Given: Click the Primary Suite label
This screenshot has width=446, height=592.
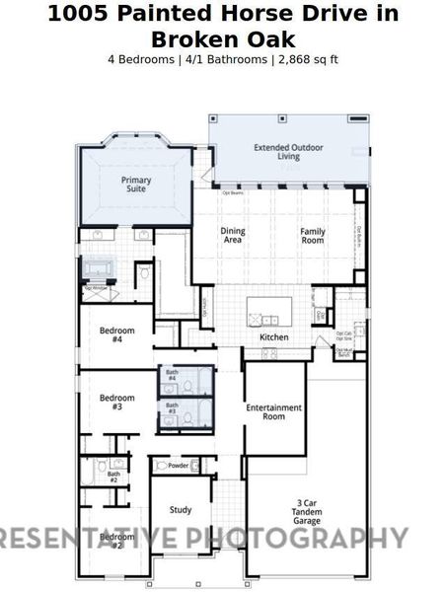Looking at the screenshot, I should (x=135, y=184).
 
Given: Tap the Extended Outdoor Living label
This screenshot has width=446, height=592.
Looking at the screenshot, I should (x=289, y=152).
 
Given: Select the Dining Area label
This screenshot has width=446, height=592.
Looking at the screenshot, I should (x=233, y=235).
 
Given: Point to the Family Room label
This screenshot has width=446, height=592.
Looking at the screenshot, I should (x=313, y=235).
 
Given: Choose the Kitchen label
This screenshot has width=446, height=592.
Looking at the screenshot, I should (x=273, y=337).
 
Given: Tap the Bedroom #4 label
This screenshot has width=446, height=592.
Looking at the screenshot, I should (x=116, y=334).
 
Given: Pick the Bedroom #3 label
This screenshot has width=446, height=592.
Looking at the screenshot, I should (x=116, y=402).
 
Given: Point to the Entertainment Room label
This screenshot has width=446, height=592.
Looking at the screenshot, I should (x=273, y=411).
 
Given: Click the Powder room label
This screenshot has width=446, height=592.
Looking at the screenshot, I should (x=179, y=466).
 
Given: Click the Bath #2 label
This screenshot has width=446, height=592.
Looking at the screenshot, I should (x=113, y=477).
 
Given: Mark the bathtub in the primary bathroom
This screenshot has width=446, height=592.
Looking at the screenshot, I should (x=99, y=268).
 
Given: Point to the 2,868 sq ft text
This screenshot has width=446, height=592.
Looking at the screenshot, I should (x=308, y=59).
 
